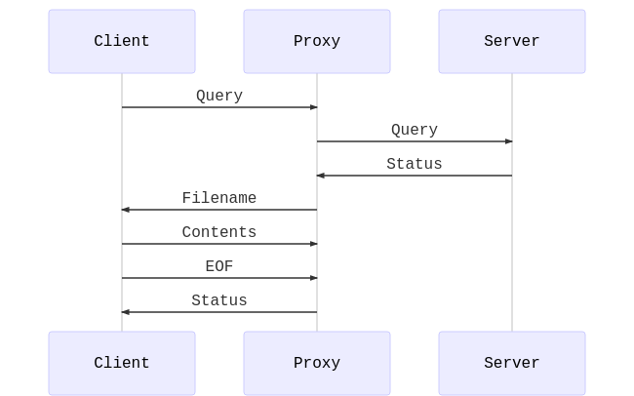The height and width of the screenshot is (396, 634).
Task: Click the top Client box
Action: pos(122,41)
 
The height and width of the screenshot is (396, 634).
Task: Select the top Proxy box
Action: pos(317,41)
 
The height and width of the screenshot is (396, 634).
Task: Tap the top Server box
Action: pos(512,41)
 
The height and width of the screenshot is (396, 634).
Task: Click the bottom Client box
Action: pos(122,363)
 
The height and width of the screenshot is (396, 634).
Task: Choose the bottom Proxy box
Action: pos(317,363)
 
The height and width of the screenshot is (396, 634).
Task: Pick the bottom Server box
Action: pos(512,363)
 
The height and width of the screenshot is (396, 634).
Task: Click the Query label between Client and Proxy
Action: pos(219,96)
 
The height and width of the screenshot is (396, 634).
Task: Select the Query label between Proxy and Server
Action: pos(415,130)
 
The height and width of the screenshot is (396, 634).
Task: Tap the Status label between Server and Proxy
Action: pos(415,164)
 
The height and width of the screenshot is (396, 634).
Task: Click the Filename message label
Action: pos(219,198)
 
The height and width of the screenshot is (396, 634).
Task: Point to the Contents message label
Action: pos(219,232)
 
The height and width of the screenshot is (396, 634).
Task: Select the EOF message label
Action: pos(219,266)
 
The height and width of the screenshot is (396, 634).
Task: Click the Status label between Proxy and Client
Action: pos(219,300)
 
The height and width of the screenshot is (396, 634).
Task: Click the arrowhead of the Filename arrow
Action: pos(126,210)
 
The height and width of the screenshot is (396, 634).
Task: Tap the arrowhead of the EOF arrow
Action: pos(313,278)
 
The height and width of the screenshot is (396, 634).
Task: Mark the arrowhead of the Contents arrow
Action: pos(313,244)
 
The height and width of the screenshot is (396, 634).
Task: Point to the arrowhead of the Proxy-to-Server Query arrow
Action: pos(508,141)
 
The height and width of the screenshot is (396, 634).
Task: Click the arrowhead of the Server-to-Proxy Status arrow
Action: pos(321,176)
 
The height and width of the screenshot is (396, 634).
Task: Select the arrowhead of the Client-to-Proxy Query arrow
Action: pos(313,107)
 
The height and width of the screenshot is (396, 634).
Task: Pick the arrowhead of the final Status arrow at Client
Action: pos(126,312)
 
